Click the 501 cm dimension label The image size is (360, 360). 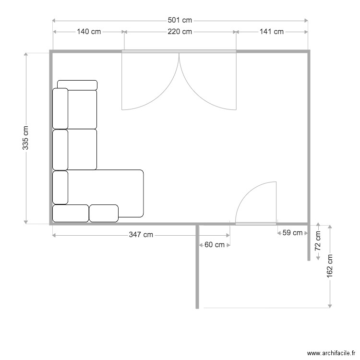[180, 20]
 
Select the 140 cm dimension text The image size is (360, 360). [89, 32]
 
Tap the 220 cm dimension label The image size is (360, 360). [180, 32]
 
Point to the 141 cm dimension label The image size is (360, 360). [272, 32]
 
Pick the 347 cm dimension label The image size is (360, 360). [141, 235]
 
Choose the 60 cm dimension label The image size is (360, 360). [215, 245]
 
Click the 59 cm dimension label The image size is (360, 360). [292, 233]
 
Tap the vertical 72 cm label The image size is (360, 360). [318, 241]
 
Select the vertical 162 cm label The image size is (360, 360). [330, 266]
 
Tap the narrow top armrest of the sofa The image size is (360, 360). [77, 85]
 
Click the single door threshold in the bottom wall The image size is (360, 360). [256, 224]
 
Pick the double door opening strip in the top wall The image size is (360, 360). [179, 51]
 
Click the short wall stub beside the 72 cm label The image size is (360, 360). [309, 242]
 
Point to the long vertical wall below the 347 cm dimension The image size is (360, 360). [197, 266]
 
